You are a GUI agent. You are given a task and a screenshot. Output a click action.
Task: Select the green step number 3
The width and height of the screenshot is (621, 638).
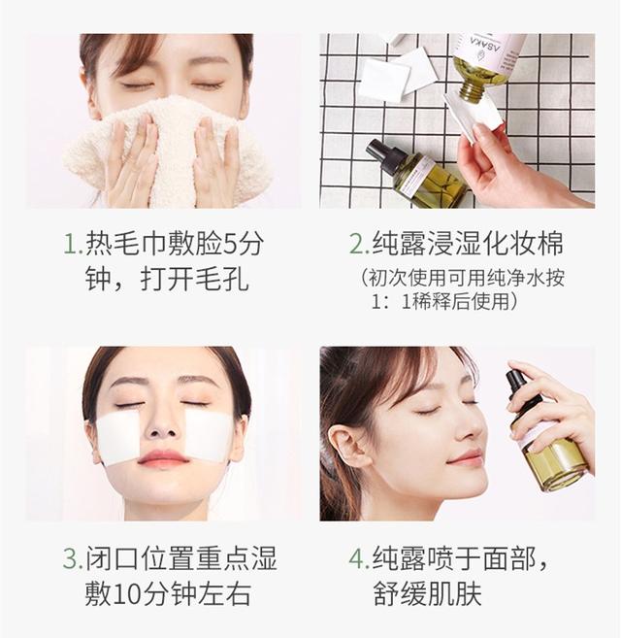click(71, 559)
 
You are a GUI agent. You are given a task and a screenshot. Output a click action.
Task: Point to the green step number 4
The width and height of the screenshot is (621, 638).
click(357, 559)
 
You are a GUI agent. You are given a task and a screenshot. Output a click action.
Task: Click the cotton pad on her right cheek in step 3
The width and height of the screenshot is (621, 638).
click(119, 436)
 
